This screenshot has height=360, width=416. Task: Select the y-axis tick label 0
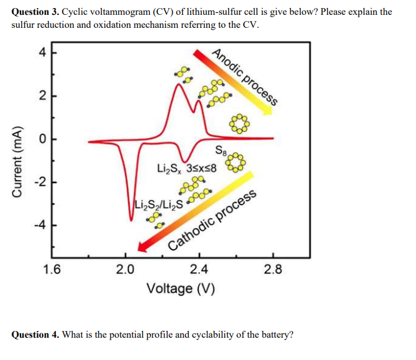click(x=42, y=139)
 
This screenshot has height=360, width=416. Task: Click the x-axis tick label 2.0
click(x=126, y=269)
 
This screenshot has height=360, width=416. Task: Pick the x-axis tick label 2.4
click(x=199, y=269)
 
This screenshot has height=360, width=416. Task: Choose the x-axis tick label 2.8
click(x=273, y=269)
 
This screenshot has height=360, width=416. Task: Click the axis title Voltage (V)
click(x=180, y=289)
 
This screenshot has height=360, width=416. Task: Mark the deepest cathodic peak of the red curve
click(x=131, y=219)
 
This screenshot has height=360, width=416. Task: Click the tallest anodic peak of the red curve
click(x=178, y=84)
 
